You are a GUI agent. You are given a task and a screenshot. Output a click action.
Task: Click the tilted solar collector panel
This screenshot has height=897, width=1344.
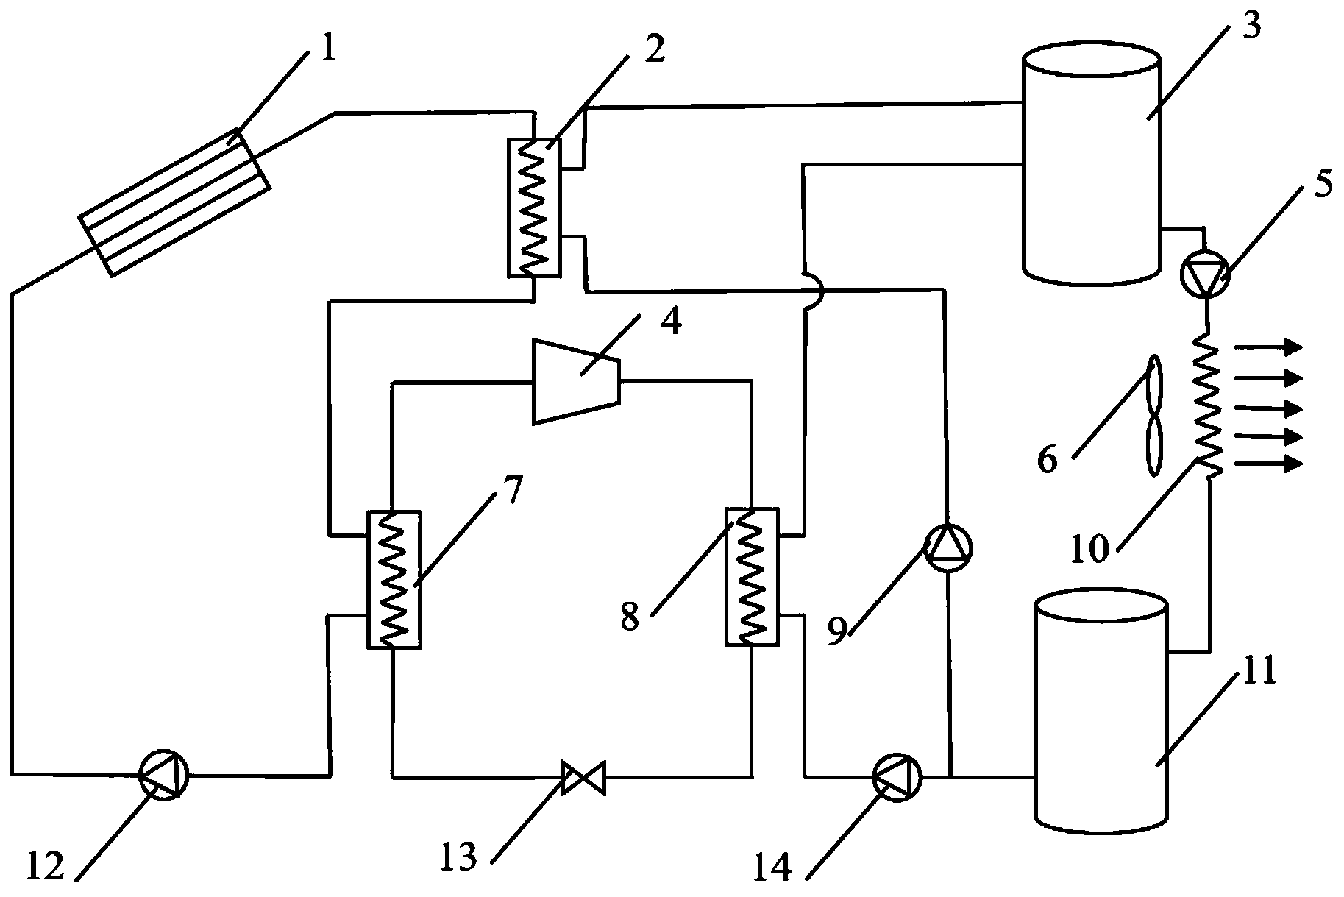(175, 202)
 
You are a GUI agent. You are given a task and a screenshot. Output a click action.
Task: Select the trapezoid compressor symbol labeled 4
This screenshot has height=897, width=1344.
(577, 381)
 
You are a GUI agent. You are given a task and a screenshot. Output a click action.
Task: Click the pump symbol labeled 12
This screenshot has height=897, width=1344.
(164, 773)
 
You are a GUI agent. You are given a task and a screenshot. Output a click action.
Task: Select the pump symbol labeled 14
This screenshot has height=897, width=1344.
(897, 776)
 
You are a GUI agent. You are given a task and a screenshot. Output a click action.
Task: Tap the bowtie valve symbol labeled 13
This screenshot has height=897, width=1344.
(583, 778)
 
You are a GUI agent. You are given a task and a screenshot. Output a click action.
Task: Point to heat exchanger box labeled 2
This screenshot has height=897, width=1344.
(534, 207)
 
